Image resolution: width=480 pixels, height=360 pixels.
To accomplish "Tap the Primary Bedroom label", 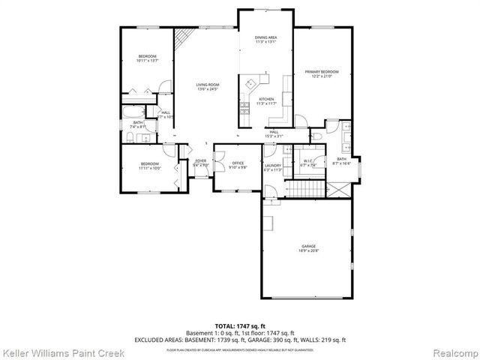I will [x=321, y=73].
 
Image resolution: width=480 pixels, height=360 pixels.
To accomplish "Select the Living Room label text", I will [x=207, y=87].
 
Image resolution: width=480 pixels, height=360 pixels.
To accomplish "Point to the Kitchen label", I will [x=266, y=100].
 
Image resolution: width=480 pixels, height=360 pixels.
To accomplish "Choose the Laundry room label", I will [x=272, y=167].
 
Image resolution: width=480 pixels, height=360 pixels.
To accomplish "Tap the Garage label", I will [x=309, y=248].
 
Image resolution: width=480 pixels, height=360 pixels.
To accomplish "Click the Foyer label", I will [x=201, y=163].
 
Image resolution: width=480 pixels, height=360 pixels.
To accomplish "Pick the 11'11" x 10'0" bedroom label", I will [x=150, y=166].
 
